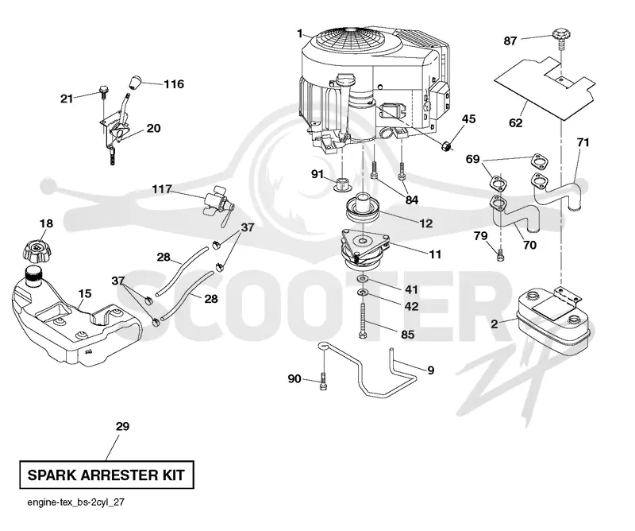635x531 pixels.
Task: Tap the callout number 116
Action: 174,84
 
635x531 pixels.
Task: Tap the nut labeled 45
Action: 446,145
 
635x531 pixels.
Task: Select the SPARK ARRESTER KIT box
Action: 106,475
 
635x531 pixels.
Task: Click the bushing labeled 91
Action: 341,184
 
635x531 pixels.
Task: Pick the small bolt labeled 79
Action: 501,255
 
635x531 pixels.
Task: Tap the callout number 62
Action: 515,122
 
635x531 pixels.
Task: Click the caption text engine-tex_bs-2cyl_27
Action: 75,502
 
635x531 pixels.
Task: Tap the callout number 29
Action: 123,426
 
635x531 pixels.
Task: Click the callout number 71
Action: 583,142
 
